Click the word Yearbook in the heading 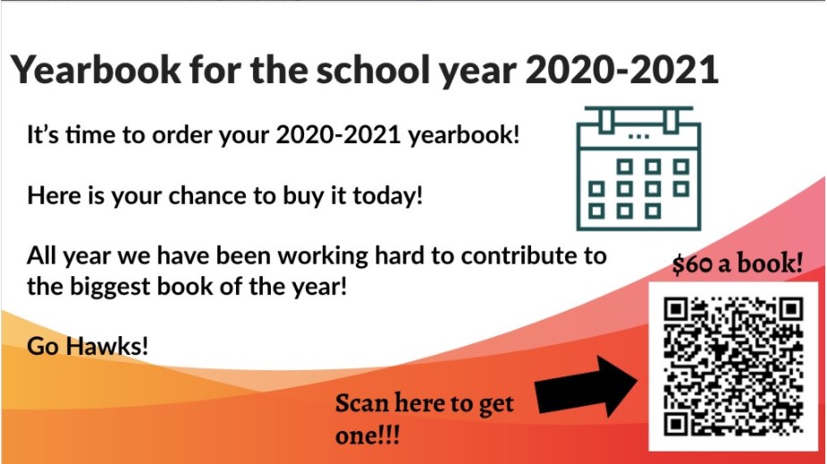pyautogui.click(x=96, y=69)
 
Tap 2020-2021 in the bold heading pyautogui.click(x=622, y=69)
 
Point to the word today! pyautogui.click(x=388, y=196)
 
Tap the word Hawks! pyautogui.click(x=107, y=346)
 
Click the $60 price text pyautogui.click(x=692, y=264)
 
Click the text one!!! pyautogui.click(x=367, y=436)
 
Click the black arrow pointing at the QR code pyautogui.click(x=586, y=386)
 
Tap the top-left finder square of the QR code pyautogui.click(x=676, y=309)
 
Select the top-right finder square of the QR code pyautogui.click(x=791, y=309)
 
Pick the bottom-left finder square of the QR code pyautogui.click(x=676, y=424)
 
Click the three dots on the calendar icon pyautogui.click(x=638, y=137)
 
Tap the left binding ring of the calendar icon pyautogui.click(x=606, y=120)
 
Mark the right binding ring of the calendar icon pyautogui.click(x=671, y=120)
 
